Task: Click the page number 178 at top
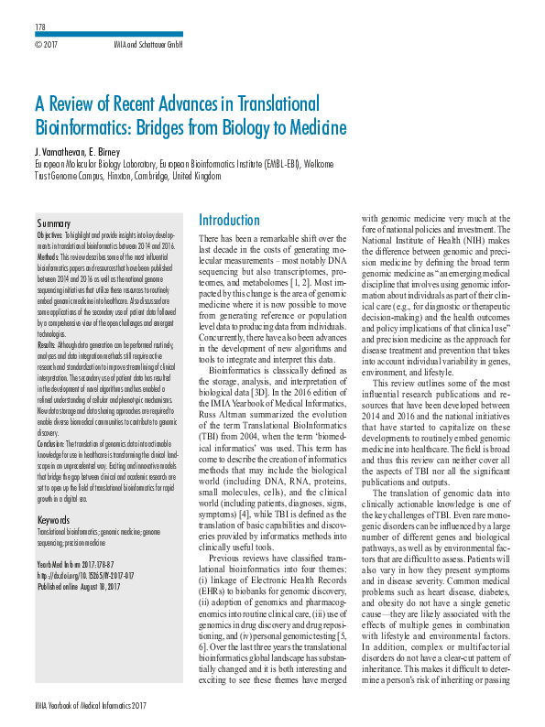[x=39, y=27]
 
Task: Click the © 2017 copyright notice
[x=46, y=44]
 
